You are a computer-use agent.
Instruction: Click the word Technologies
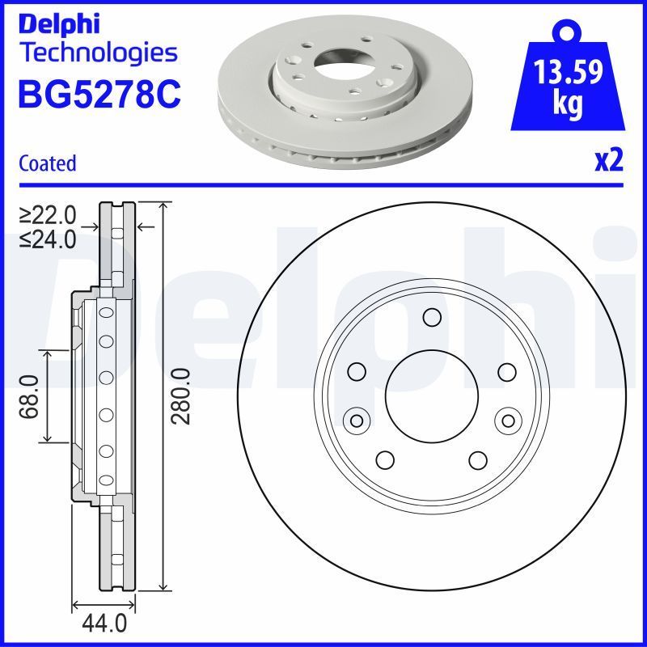coord(97,53)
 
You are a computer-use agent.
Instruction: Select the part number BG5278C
coord(99,95)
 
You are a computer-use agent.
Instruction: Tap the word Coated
coord(47,163)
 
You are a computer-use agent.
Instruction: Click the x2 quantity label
coord(609,162)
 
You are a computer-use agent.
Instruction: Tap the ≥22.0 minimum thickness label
coord(48,215)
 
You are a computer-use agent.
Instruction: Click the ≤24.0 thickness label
coord(48,239)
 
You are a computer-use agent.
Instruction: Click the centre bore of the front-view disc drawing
coord(432,395)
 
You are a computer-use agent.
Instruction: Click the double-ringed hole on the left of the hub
coord(356,421)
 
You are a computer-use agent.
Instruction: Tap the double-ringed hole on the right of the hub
coord(508,421)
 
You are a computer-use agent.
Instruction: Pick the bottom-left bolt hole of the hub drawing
coord(385,459)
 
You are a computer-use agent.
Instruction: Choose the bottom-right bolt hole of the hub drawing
coord(478,459)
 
